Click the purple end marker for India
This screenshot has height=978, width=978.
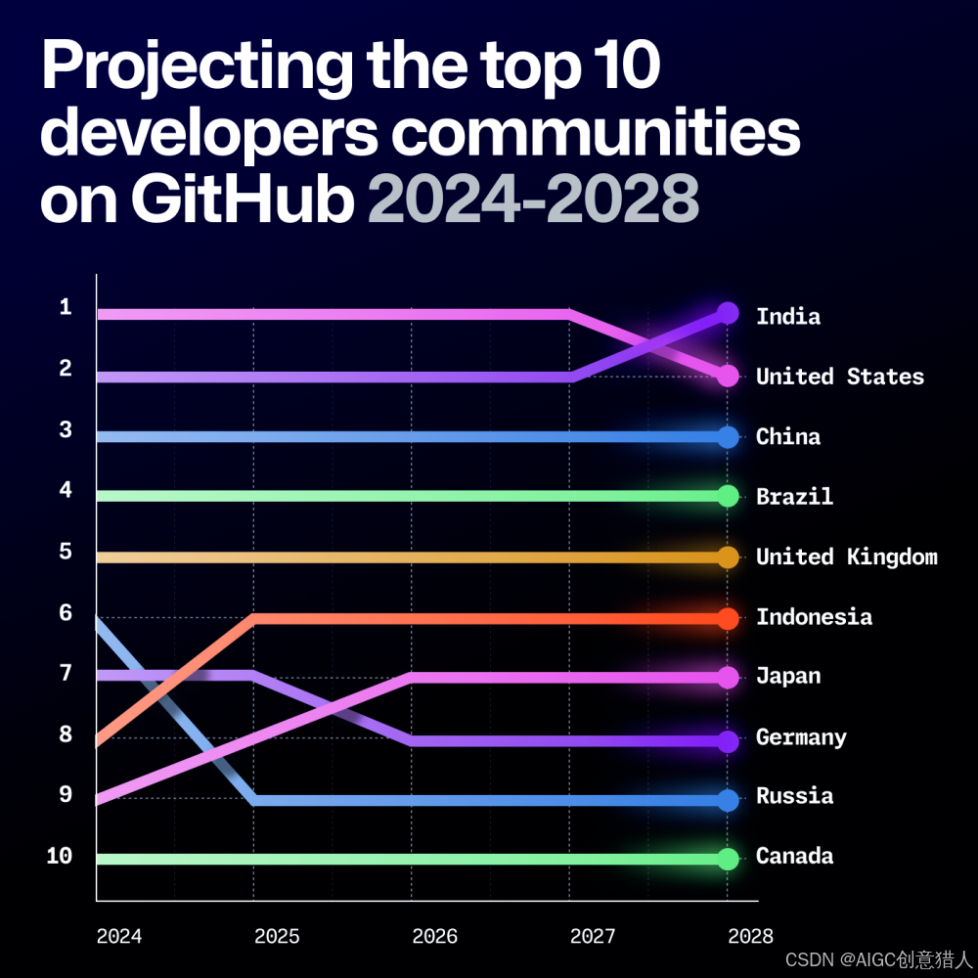pyautogui.click(x=728, y=313)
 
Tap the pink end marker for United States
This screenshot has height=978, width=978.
pyautogui.click(x=728, y=376)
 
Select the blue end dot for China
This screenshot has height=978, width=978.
pyautogui.click(x=728, y=436)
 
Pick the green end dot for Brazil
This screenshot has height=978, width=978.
pyautogui.click(x=728, y=496)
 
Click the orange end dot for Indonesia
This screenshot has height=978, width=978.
pyautogui.click(x=728, y=618)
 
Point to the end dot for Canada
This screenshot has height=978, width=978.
pyautogui.click(x=728, y=859)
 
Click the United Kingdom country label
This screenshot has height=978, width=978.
pyautogui.click(x=846, y=556)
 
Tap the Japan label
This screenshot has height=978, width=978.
pyautogui.click(x=788, y=676)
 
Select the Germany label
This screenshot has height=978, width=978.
pyautogui.click(x=802, y=736)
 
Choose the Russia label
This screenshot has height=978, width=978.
pyautogui.click(x=794, y=796)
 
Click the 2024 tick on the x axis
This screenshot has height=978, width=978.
pyautogui.click(x=119, y=936)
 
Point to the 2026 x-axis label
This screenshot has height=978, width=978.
pyautogui.click(x=435, y=936)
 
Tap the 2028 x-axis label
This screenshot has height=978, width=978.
pyautogui.click(x=750, y=936)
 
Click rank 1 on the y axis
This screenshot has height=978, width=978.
pyautogui.click(x=66, y=307)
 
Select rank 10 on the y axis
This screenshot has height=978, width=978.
pyautogui.click(x=60, y=856)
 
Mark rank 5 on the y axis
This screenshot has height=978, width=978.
pyautogui.click(x=66, y=552)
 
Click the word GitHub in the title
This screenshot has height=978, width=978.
pyautogui.click(x=243, y=199)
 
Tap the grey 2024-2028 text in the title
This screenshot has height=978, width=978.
pyautogui.click(x=533, y=199)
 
